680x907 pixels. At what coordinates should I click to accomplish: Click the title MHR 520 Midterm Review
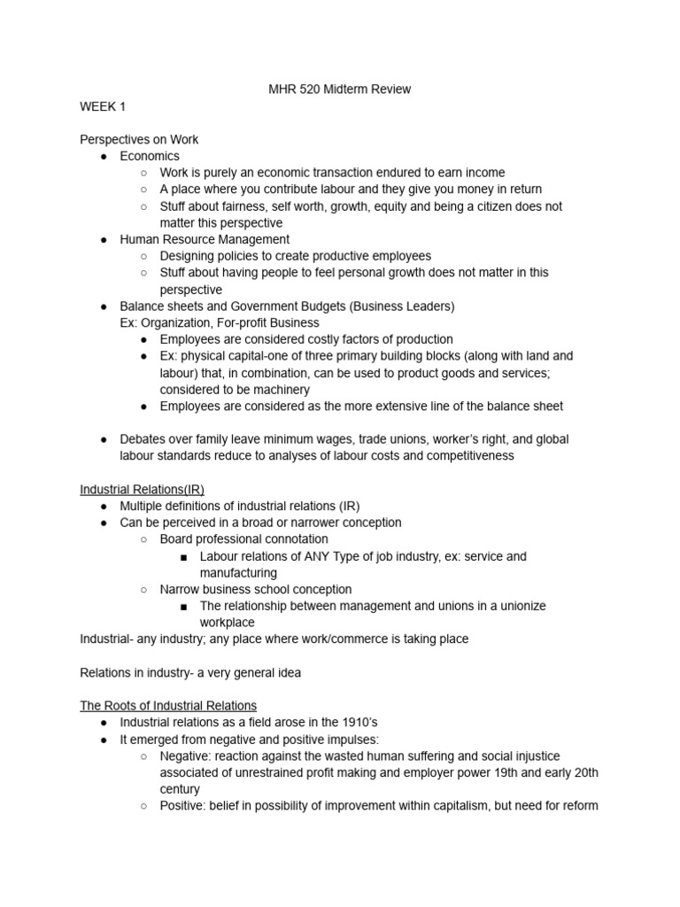(339, 89)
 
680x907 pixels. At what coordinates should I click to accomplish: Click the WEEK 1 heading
(104, 106)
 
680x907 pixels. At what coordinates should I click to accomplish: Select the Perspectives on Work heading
(139, 139)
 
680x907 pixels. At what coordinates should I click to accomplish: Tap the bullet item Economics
(150, 156)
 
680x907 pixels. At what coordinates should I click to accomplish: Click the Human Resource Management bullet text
(205, 239)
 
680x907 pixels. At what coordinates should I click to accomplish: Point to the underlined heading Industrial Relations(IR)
(142, 489)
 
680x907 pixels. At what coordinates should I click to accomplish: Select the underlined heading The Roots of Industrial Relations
(168, 706)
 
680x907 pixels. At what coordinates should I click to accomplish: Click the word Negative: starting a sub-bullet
(189, 756)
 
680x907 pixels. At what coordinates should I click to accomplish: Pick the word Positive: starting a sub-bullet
(185, 805)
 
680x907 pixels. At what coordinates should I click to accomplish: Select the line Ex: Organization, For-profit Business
(220, 322)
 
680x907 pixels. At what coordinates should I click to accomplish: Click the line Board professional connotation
(243, 539)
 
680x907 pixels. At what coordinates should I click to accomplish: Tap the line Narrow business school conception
(255, 589)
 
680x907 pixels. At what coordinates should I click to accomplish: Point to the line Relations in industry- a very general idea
(190, 672)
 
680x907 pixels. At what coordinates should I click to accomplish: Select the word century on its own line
(180, 789)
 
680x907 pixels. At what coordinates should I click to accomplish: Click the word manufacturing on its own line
(238, 573)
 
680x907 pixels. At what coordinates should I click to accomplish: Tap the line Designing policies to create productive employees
(295, 256)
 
